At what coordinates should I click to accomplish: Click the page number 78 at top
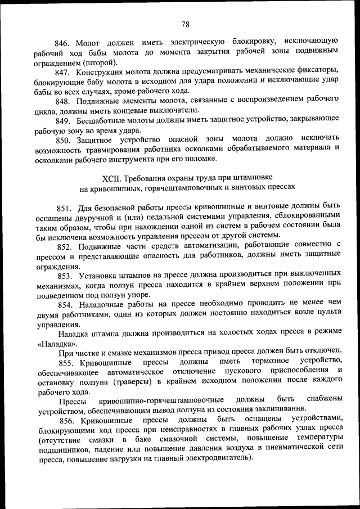point(186,24)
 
